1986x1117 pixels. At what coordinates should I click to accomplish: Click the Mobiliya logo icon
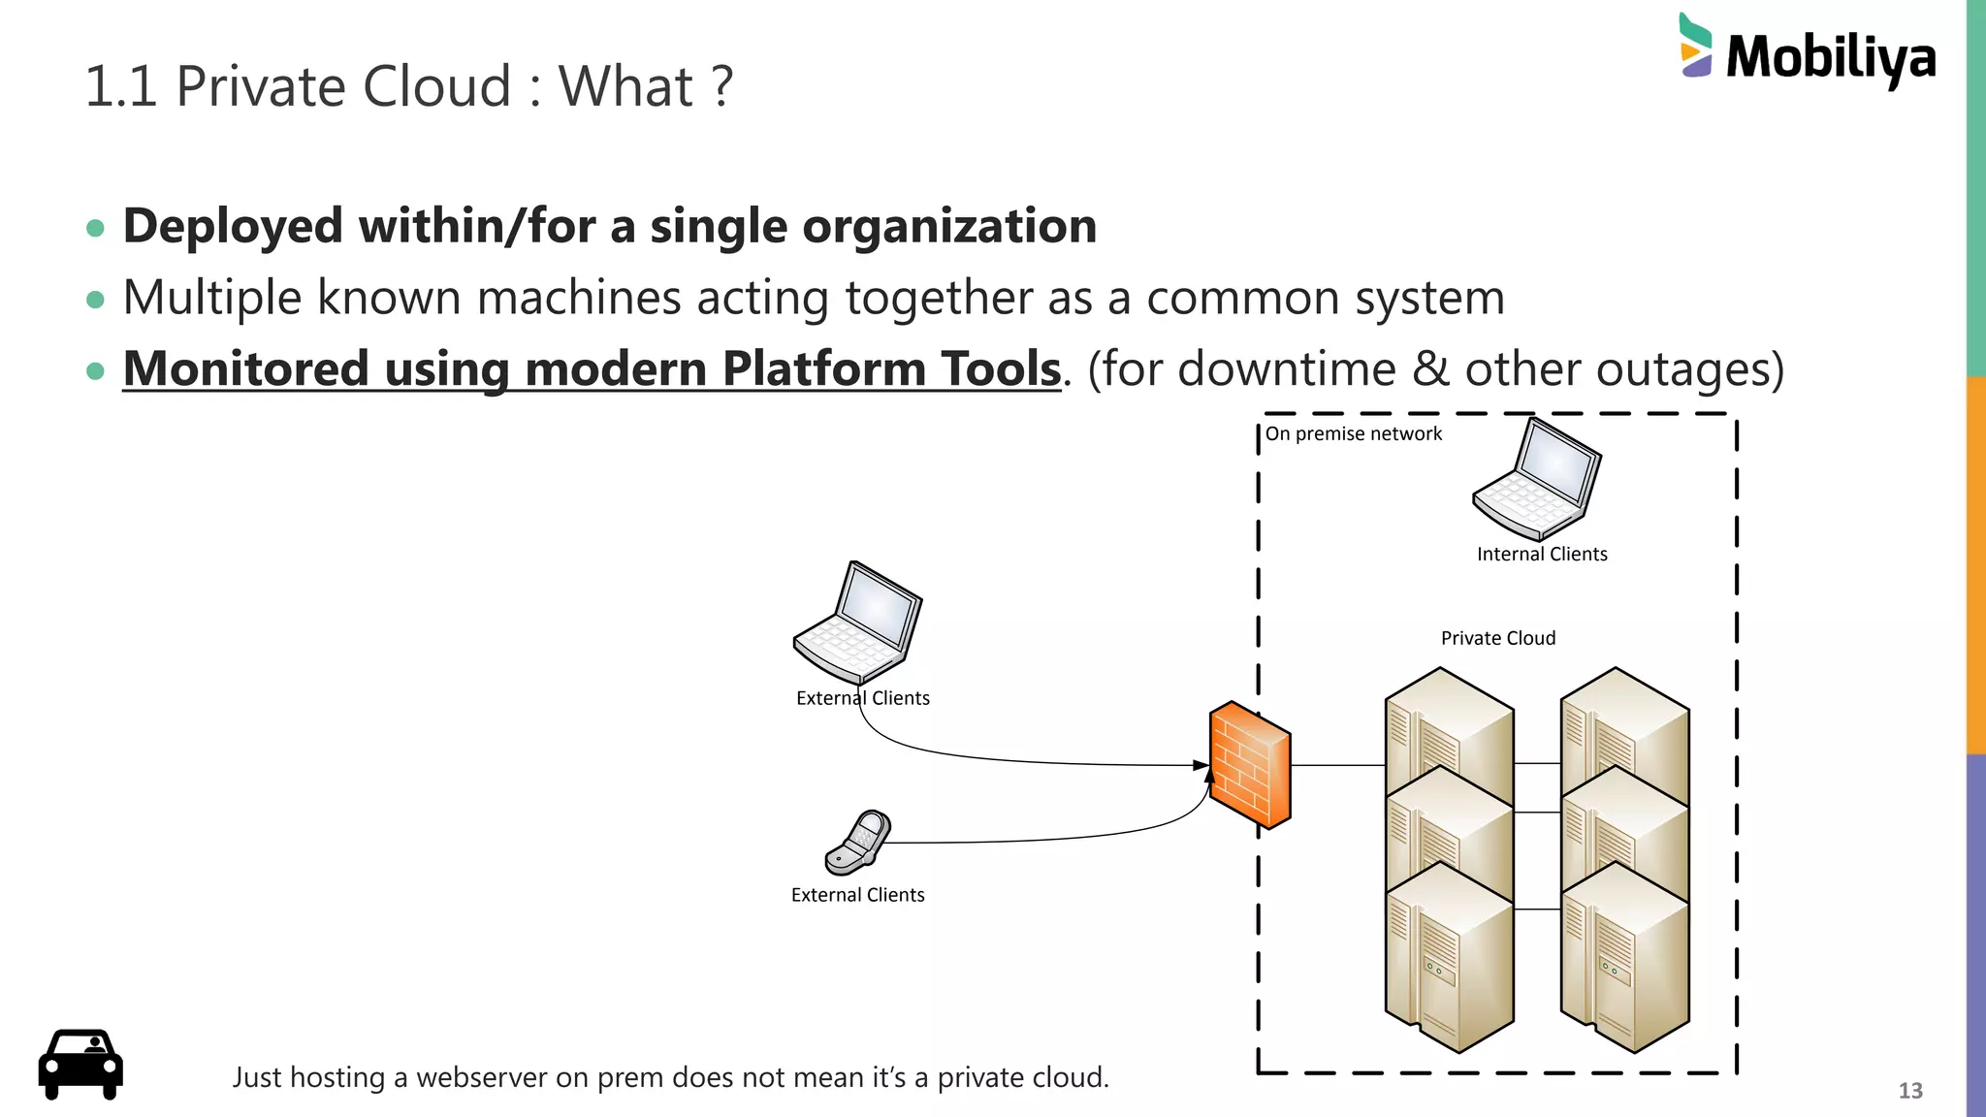1695,46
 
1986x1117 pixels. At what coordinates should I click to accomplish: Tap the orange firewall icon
1250,765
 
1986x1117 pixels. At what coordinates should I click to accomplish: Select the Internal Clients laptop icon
1537,479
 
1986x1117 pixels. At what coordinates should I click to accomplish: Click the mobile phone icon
858,842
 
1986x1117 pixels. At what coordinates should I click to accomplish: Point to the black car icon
80,1064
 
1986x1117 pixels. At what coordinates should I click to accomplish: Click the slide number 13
1909,1091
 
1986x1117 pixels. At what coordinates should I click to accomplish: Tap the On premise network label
1353,433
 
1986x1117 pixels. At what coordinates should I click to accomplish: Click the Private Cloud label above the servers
1497,638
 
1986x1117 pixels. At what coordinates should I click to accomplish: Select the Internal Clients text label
1541,554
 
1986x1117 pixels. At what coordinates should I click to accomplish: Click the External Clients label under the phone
857,895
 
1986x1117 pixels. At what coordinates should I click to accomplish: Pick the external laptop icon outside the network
857,622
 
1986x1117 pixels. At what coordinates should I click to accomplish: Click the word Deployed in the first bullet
233,227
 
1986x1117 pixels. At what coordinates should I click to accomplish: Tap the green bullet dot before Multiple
95,300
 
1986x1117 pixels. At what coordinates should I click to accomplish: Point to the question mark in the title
721,86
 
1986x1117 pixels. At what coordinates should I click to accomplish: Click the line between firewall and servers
1337,765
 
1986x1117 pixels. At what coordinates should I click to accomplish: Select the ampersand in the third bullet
1430,369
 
